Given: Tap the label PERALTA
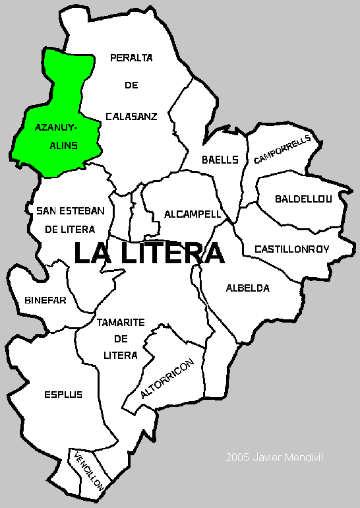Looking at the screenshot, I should point(131,58).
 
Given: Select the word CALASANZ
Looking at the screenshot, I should point(131,116).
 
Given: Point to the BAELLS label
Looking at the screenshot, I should point(220,159).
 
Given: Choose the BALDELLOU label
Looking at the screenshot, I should point(304,199).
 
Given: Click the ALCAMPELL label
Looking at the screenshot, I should point(192,214).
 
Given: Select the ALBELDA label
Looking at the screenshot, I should point(247,288).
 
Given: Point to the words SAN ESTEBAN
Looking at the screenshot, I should point(66,210).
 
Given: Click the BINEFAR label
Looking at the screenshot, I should point(45,300).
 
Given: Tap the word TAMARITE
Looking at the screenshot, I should point(121,323).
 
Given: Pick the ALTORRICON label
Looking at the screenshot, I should point(167,379).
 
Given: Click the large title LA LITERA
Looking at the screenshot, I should point(148,254).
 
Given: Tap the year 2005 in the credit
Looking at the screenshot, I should point(237,457).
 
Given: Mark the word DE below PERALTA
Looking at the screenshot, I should point(131,86).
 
